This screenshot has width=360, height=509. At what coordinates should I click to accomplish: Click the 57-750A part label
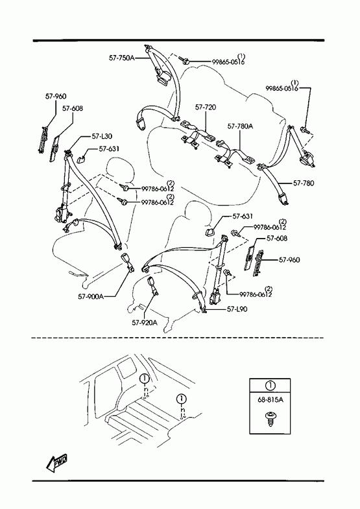tap(121, 58)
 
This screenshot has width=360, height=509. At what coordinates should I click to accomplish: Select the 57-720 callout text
tap(206, 107)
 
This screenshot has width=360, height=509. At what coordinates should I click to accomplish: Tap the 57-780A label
tap(240, 126)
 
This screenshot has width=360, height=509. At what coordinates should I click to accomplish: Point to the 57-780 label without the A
tap(304, 183)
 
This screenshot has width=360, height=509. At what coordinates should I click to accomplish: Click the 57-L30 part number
tap(102, 137)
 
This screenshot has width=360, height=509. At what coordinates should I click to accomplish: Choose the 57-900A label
tap(91, 296)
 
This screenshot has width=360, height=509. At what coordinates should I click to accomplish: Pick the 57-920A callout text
tap(145, 322)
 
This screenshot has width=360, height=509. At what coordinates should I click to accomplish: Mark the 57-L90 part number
tap(237, 309)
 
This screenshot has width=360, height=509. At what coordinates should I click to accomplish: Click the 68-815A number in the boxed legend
tap(270, 399)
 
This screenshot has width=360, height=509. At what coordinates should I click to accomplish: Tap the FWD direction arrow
tap(56, 462)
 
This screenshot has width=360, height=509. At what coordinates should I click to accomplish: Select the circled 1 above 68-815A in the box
tap(270, 386)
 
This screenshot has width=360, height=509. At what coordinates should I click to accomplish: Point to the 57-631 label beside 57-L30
tap(109, 148)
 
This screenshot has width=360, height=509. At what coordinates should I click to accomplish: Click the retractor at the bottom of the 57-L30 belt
tap(62, 214)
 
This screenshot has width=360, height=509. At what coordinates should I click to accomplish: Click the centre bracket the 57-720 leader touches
tap(197, 136)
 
